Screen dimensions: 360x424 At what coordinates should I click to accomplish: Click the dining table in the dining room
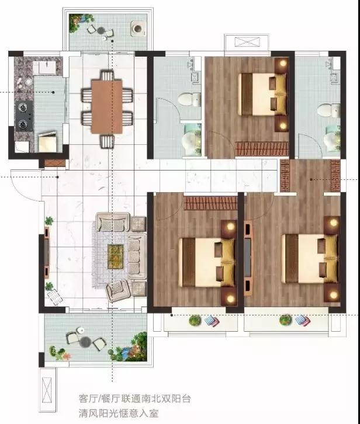tap(107, 106)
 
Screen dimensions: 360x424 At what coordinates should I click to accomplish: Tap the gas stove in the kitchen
tap(24, 116)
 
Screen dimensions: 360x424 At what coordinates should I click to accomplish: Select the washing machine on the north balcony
tap(137, 29)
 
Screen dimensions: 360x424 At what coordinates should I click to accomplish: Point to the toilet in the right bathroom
tap(329, 110)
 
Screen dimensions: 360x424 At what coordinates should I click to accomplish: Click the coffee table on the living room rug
tap(116, 256)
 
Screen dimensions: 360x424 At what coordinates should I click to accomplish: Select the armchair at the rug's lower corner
tap(117, 291)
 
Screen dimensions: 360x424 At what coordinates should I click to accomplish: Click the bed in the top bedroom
tap(262, 95)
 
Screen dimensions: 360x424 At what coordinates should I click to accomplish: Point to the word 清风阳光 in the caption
tap(99, 413)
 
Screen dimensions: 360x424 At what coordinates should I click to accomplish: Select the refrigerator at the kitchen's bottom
tap(47, 141)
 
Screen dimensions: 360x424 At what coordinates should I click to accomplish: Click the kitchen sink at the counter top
tap(48, 67)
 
